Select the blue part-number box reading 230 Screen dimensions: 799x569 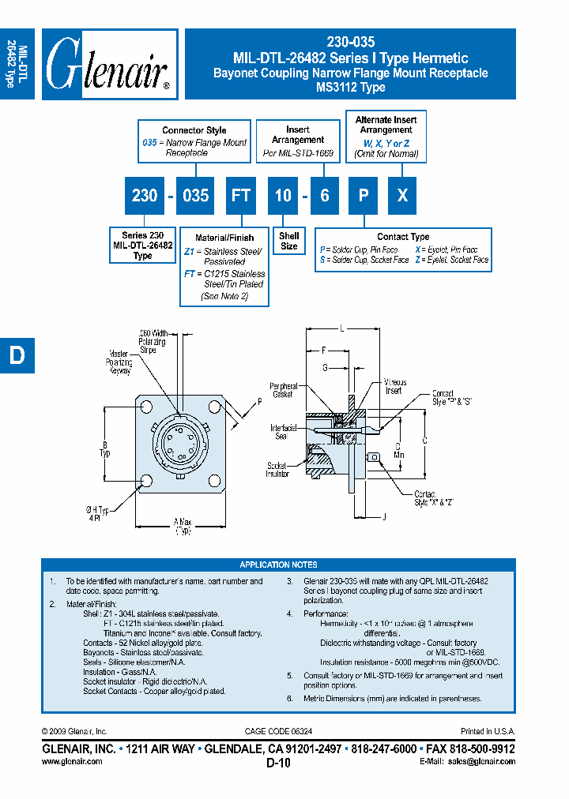(x=145, y=195)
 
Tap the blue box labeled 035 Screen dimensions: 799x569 (x=195, y=195)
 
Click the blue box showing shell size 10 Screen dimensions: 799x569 (x=283, y=195)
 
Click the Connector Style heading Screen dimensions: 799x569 (x=194, y=130)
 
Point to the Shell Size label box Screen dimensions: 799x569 (x=289, y=241)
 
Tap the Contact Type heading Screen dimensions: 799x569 (x=403, y=236)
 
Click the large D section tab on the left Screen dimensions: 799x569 (x=17, y=356)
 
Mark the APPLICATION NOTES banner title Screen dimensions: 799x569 (x=278, y=565)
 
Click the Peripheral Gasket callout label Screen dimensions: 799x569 (x=281, y=390)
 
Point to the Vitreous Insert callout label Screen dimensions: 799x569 (x=393, y=386)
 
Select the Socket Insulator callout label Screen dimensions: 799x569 (x=277, y=470)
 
